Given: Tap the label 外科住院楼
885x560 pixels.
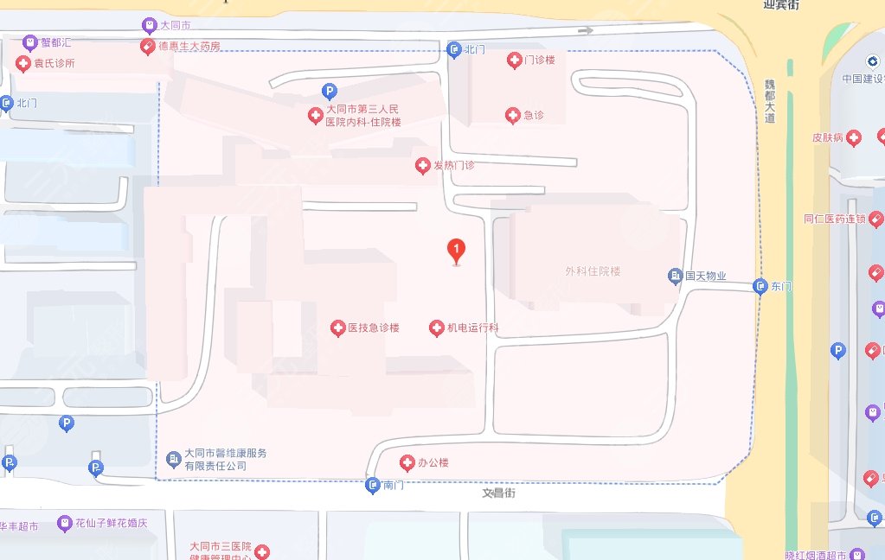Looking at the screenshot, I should pyautogui.click(x=593, y=271).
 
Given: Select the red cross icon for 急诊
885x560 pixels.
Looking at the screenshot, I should pyautogui.click(x=513, y=115).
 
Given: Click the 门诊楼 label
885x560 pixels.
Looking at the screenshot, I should pyautogui.click(x=539, y=60).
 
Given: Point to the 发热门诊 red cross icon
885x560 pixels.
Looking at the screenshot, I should pyautogui.click(x=422, y=165).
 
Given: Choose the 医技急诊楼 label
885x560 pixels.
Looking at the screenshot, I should pyautogui.click(x=374, y=328).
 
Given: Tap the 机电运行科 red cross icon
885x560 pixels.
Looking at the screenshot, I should pyautogui.click(x=437, y=328).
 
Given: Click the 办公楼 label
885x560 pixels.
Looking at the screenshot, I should pyautogui.click(x=433, y=463).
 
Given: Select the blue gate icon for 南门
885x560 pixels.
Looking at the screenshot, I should pyautogui.click(x=373, y=486).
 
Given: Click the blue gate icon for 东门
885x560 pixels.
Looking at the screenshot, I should pyautogui.click(x=760, y=286).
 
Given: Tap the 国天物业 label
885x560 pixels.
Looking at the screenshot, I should pyautogui.click(x=706, y=277).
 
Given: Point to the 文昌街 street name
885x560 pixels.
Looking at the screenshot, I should pyautogui.click(x=499, y=493).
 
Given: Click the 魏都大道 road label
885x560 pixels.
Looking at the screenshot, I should pyautogui.click(x=769, y=102).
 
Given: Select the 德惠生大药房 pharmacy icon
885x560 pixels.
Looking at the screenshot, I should pyautogui.click(x=148, y=46).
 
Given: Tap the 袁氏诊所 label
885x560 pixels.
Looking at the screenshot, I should pyautogui.click(x=55, y=63).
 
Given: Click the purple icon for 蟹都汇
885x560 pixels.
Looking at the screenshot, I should pyautogui.click(x=30, y=41).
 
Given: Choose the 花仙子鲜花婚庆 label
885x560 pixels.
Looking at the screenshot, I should pyautogui.click(x=112, y=523).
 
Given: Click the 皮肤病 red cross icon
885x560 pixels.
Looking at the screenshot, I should pyautogui.click(x=854, y=137).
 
